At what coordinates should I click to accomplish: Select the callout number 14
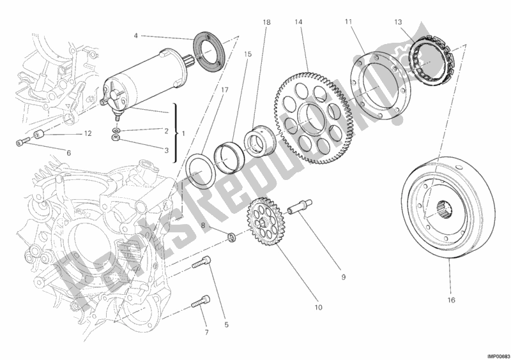[x=298, y=22]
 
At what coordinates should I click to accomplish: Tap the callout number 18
[x=266, y=22]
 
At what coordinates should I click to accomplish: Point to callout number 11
[x=348, y=22]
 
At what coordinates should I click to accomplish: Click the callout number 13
[x=398, y=22]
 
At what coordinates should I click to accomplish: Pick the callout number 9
[x=343, y=277]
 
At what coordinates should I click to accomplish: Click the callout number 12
[x=88, y=133]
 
